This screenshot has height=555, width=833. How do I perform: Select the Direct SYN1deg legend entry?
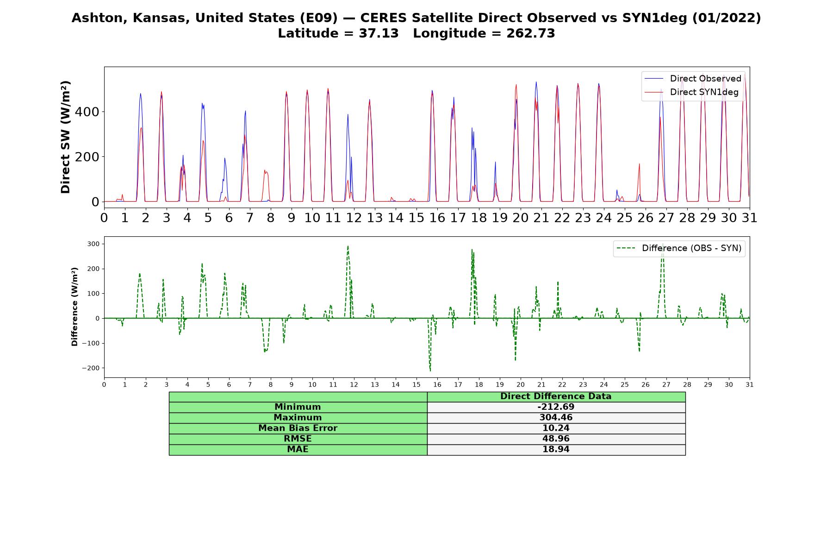tap(692, 92)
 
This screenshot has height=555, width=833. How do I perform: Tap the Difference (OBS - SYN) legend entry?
tap(679, 248)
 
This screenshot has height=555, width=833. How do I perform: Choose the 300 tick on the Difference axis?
tap(94, 244)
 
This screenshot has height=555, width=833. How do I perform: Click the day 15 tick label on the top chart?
tap(416, 217)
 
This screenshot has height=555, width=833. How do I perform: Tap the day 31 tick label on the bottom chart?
tap(749, 384)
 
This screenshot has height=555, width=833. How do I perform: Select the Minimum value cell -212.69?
tap(556, 407)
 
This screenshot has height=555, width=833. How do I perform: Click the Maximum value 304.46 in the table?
tap(556, 418)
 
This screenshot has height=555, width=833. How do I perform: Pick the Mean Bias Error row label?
tap(298, 428)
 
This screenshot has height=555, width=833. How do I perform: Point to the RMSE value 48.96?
tap(556, 439)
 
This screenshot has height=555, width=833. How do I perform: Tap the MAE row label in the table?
tap(298, 450)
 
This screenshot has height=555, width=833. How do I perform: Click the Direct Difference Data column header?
tap(556, 396)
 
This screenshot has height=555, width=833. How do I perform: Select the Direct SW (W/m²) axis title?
tap(65, 137)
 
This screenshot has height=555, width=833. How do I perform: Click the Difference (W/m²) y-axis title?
tap(75, 307)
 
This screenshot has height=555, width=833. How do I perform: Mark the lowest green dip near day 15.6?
tap(430, 370)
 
